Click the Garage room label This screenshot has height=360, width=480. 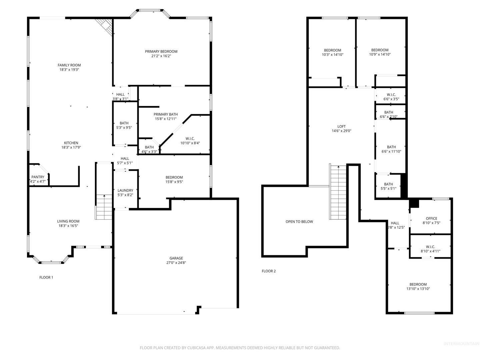coord(176,258)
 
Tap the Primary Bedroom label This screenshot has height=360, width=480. coord(161,51)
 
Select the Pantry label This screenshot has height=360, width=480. coord(38,177)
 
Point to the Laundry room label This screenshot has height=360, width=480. coord(125,190)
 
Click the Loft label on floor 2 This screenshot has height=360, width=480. coord(341,126)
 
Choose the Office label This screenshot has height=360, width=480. coord(431,218)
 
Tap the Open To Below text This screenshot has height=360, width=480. coord(299,222)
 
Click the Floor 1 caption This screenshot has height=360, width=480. coord(46,277)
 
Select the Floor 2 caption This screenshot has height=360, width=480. coord(269,271)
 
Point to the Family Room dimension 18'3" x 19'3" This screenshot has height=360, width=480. coord(69,70)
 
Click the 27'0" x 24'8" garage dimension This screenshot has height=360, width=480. coord(176,263)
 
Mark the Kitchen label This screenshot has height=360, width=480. coord(71,143)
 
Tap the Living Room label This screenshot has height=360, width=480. coord(68,221)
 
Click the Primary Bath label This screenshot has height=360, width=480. coord(166,114)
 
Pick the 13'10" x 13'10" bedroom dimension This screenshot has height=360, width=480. coord(418,289)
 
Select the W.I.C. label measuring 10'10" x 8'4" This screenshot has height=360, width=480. coord(190,139)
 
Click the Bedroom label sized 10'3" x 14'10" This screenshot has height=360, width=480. coord(333,50)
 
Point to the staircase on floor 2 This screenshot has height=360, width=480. coord(338,192)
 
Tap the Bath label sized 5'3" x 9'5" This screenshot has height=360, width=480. coord(124,123)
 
